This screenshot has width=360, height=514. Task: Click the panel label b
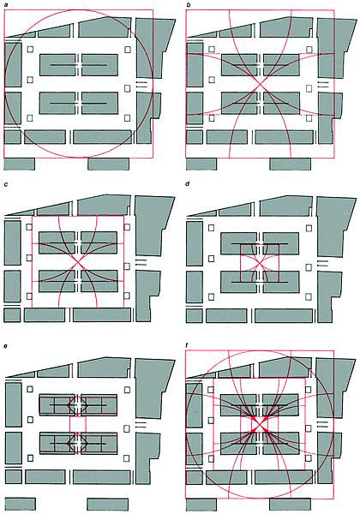tap(189, 5)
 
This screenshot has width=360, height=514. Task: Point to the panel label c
tap(6, 184)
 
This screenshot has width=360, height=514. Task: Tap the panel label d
tap(188, 184)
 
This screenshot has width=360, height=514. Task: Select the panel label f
tap(188, 345)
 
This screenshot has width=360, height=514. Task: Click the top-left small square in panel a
tap(30, 50)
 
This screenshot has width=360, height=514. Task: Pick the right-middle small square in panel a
tap(128, 88)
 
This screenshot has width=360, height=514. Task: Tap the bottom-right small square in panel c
tap(127, 296)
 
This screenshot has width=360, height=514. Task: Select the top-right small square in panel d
tap(309, 228)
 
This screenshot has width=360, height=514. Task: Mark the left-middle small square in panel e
tap(30, 420)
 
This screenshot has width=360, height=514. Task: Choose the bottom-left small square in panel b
tap(212, 117)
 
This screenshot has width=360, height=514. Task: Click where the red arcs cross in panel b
tap(261, 85)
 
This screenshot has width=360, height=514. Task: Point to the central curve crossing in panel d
tap(260, 263)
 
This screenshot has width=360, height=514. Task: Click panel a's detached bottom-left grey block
tap(20, 164)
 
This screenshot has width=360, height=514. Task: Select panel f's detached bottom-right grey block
tap(291, 505)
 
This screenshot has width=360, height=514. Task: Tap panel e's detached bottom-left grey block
tap(20, 504)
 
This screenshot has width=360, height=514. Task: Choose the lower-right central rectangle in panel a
tap(99, 104)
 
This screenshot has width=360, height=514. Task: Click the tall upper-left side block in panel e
tap(14, 404)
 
